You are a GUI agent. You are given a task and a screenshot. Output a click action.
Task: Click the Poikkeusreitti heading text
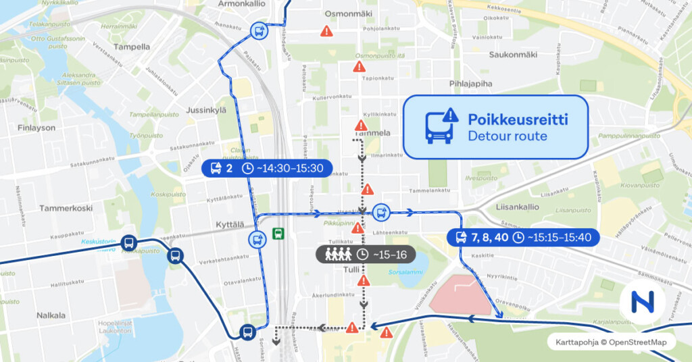[518, 120]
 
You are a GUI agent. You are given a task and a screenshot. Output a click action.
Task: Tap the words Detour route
[507, 136]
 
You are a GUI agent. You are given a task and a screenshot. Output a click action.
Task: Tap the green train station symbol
[278, 234]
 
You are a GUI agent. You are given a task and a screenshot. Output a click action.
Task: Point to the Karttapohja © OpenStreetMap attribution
[611, 342]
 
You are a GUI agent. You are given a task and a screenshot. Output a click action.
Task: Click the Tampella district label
[132, 47]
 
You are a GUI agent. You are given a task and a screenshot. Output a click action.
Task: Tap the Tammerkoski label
[66, 208]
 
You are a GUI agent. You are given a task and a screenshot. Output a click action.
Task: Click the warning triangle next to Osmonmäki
[327, 31]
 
